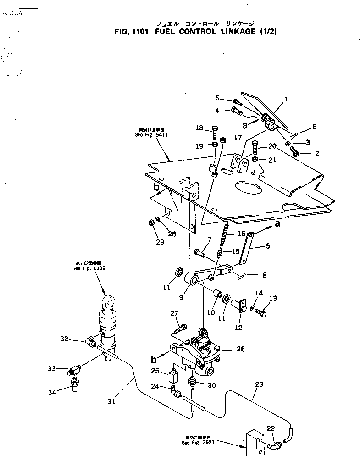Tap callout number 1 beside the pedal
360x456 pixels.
(286, 99)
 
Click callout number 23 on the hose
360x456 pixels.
(259, 385)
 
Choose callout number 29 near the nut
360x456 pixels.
(160, 242)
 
